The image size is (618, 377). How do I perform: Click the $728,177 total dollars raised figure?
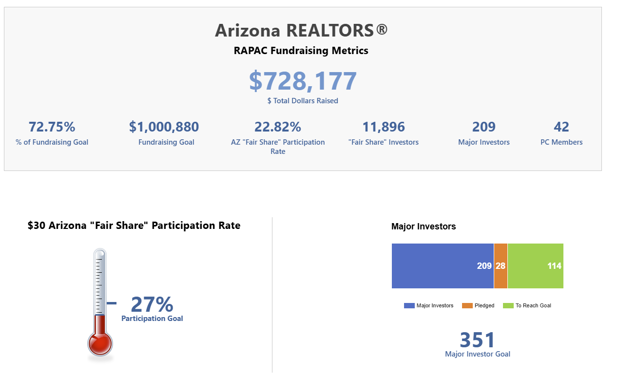303,81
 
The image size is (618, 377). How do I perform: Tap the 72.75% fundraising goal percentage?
52,127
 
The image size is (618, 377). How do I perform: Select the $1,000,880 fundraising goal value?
164,127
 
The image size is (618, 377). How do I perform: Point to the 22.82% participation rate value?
278,127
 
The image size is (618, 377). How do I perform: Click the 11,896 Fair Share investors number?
384,127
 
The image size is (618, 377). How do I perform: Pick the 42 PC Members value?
561,127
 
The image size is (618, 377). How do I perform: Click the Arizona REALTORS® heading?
301,30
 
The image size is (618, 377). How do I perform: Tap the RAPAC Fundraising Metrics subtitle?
301,51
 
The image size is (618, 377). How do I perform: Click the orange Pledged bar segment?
501,266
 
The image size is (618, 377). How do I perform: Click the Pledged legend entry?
479,306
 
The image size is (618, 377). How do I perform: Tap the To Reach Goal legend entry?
528,306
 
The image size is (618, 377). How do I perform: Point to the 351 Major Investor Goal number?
478,340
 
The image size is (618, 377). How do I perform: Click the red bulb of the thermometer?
100,343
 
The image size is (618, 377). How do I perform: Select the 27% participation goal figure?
152,305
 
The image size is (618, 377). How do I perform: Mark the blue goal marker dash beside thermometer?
112,303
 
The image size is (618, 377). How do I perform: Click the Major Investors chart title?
424,226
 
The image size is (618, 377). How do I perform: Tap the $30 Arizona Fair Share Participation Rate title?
134,226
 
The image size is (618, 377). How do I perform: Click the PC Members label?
561,142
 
